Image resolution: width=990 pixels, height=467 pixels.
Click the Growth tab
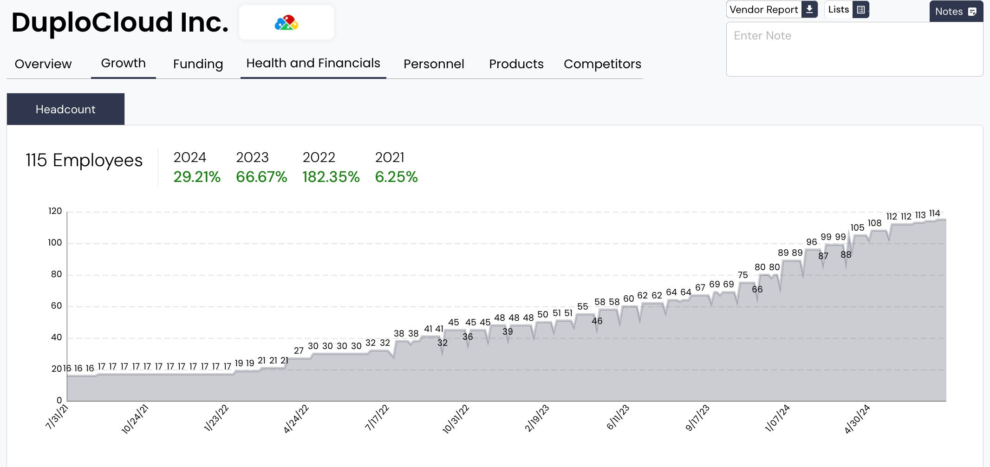pyautogui.click(x=123, y=63)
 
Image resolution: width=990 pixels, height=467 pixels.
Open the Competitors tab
pyautogui.click(x=602, y=64)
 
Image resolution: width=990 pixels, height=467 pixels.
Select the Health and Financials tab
pyautogui.click(x=313, y=63)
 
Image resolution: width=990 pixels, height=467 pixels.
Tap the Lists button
pyautogui.click(x=846, y=10)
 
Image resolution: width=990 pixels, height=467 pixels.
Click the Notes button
pyautogui.click(x=956, y=12)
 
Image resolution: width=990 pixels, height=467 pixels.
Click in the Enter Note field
pyautogui.click(x=854, y=49)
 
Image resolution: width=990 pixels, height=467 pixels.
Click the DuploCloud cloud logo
pyautogui.click(x=287, y=23)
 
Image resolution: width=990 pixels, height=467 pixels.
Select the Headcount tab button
pyautogui.click(x=65, y=109)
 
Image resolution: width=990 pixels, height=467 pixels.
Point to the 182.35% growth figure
pyautogui.click(x=331, y=177)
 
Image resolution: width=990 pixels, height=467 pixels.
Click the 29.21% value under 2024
pyautogui.click(x=197, y=177)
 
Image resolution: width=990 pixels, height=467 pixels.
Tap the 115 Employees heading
pyautogui.click(x=84, y=161)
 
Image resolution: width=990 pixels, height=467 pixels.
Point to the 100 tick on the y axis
pyautogui.click(x=55, y=243)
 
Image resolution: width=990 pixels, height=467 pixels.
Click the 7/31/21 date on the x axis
pyautogui.click(x=57, y=417)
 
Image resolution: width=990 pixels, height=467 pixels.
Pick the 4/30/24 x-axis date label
pyautogui.click(x=857, y=419)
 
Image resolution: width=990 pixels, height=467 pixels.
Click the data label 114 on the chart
pyautogui.click(x=934, y=214)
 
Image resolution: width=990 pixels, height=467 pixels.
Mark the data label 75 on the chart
pyautogui.click(x=742, y=275)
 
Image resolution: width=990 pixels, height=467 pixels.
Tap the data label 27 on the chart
pyautogui.click(x=299, y=350)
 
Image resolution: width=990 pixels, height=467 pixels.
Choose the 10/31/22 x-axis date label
pyautogui.click(x=456, y=419)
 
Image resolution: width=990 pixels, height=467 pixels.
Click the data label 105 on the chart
pyautogui.click(x=857, y=227)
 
